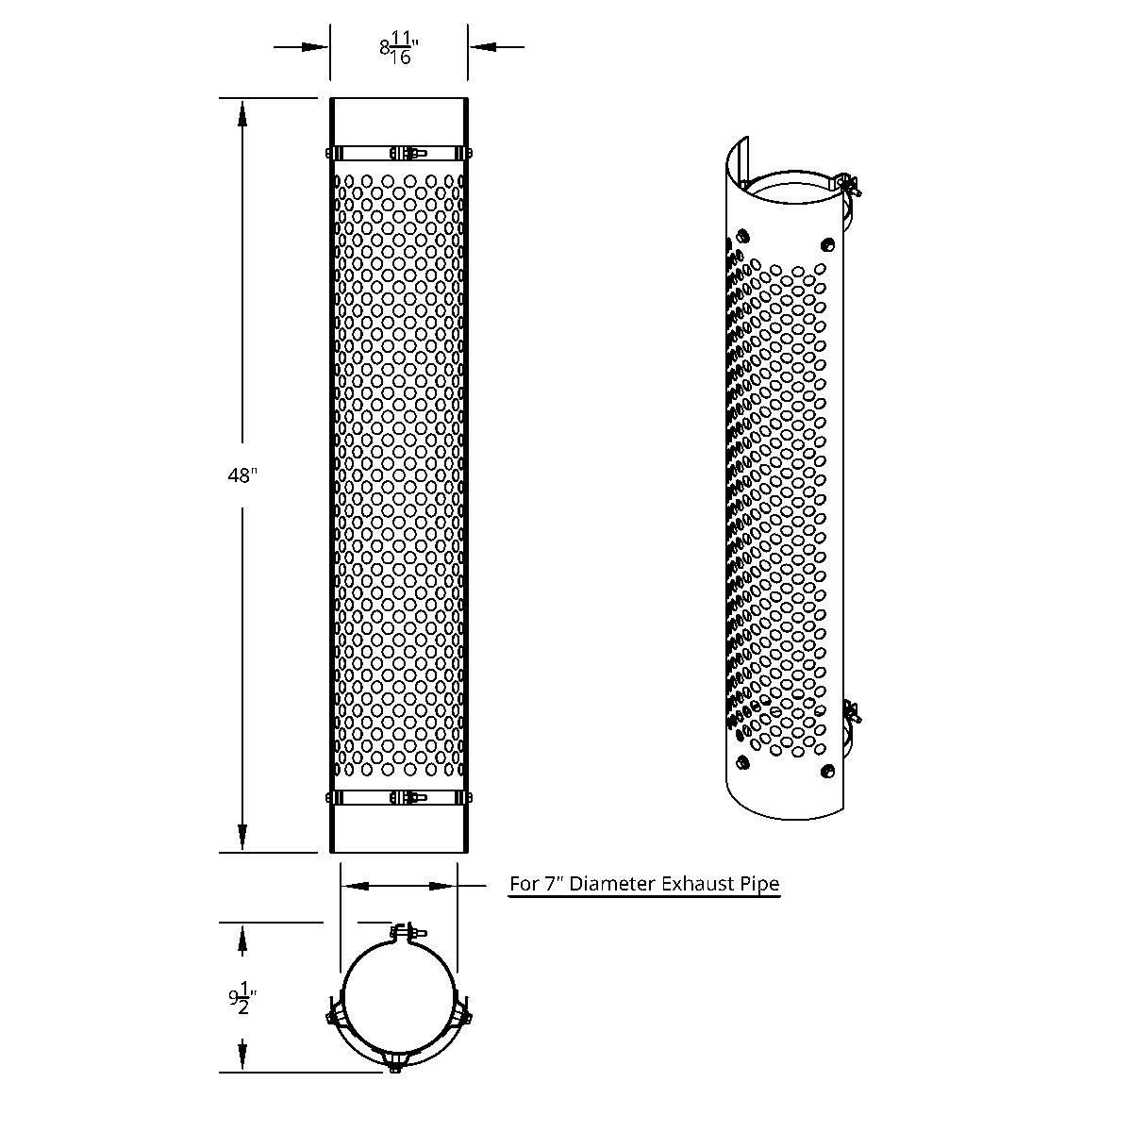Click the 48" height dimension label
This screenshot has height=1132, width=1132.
coord(241,476)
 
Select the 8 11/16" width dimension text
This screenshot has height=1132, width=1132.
coord(398,47)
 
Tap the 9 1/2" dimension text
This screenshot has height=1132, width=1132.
coord(241,998)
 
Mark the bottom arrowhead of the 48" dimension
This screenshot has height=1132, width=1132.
coord(242,837)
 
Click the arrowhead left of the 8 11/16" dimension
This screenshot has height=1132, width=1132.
coord(315,46)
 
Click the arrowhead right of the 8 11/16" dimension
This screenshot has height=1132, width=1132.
coord(482,46)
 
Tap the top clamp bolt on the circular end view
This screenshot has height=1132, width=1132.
coord(404,932)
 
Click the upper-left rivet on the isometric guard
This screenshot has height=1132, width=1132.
coord(744,233)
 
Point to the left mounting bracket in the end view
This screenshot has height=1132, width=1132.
coord(335,1014)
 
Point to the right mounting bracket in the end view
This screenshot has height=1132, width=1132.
coord(465,1014)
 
